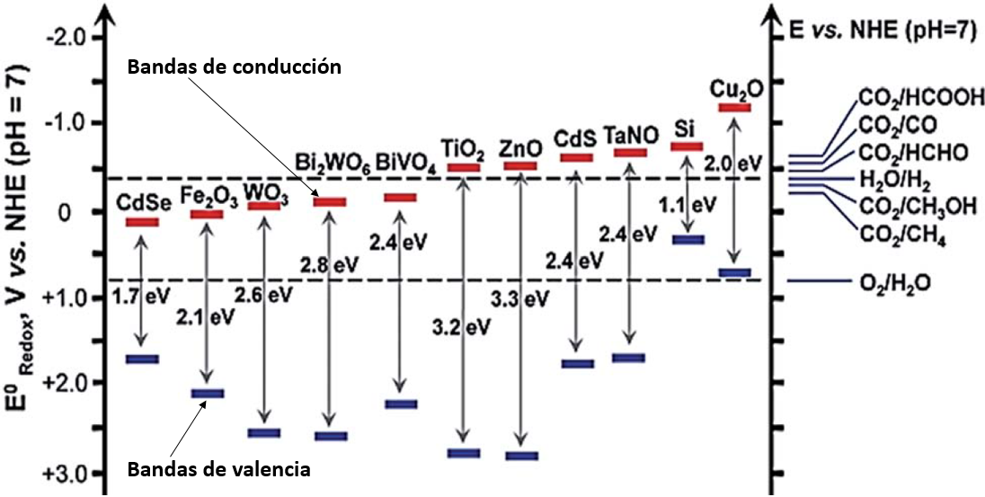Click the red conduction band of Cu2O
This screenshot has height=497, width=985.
pyautogui.click(x=734, y=108)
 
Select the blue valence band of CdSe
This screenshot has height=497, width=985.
pyautogui.click(x=142, y=359)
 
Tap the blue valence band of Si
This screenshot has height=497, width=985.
pyautogui.click(x=688, y=239)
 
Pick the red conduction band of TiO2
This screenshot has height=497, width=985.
pyautogui.click(x=464, y=168)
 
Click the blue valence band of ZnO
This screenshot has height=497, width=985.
pyautogui.click(x=521, y=456)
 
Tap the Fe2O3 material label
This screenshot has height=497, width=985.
pyautogui.click(x=207, y=194)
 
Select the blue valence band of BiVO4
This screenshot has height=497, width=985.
pyautogui.click(x=400, y=404)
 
